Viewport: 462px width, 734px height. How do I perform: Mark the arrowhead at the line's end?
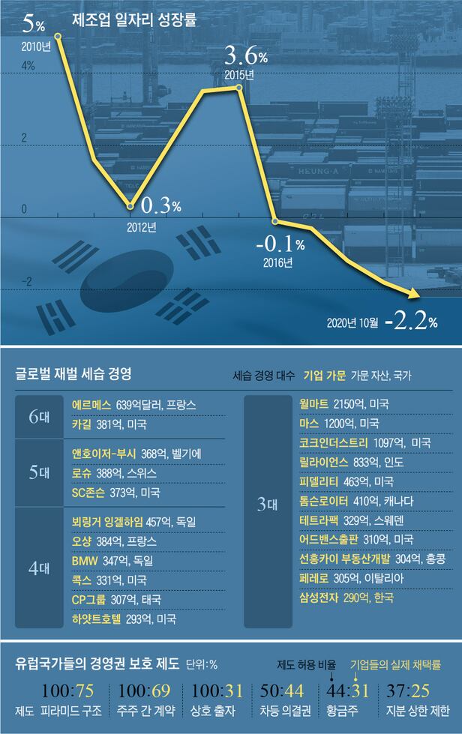coord(412,295)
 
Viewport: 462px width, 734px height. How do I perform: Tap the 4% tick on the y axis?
coord(28,66)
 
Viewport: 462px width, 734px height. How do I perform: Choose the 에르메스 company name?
coord(91,405)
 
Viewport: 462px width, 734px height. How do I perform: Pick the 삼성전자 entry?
coord(319,598)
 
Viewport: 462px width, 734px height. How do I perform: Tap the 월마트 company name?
coord(314,405)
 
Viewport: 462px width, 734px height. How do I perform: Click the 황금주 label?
coord(344,712)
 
